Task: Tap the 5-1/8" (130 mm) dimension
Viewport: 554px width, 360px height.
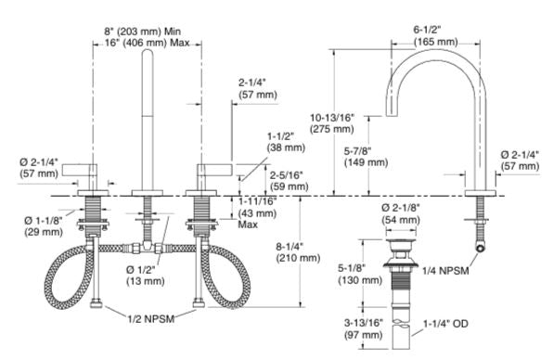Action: (x=359, y=274)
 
